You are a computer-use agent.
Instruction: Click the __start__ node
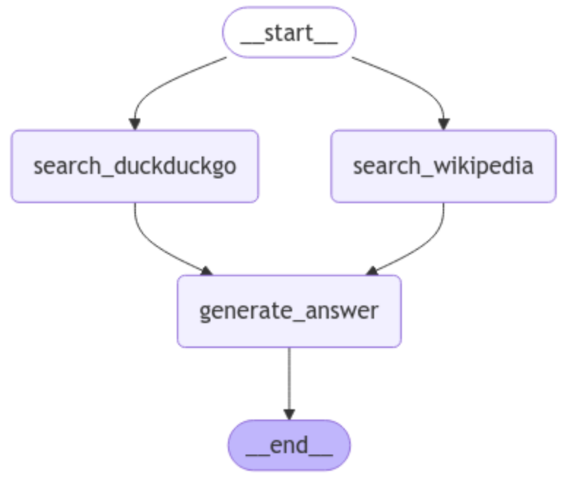289,32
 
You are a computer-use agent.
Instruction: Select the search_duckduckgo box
134,166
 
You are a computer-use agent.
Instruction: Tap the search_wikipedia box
443,166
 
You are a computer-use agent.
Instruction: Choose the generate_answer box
289,311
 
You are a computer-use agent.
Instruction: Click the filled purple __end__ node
289,445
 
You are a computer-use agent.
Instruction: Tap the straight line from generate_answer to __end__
289,380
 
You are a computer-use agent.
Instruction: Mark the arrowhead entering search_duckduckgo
134,124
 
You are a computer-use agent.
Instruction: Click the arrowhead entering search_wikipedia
443,124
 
